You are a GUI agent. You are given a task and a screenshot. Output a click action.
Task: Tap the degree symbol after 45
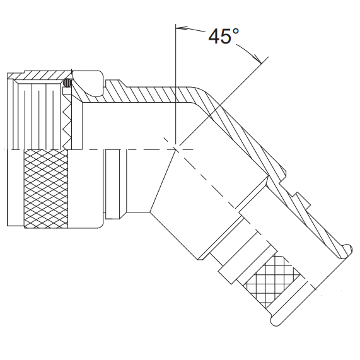235,31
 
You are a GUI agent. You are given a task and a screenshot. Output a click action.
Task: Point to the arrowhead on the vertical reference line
181,28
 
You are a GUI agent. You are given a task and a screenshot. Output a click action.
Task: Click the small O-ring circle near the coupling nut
68,83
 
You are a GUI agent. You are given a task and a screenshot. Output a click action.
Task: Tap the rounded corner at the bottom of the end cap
275,323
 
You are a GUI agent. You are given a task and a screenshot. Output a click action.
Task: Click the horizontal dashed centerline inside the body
126,149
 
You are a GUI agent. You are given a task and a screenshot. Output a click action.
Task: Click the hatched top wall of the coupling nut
44,76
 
